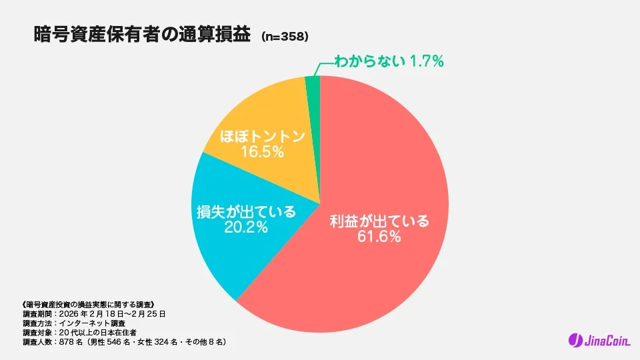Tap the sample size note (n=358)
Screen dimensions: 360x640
point(285,37)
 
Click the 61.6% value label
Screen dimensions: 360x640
point(379,237)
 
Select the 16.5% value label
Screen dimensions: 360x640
point(263,152)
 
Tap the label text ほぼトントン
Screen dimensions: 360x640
point(263,137)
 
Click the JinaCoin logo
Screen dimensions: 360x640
point(597,341)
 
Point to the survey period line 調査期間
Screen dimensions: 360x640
point(93,313)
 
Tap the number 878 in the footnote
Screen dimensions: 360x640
point(69,342)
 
